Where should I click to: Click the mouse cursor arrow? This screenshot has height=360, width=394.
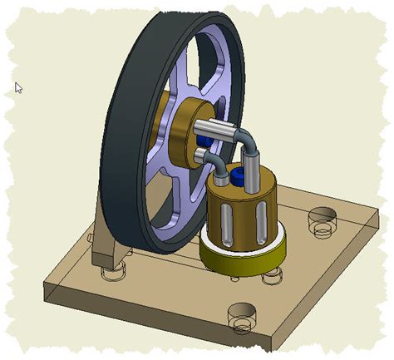pyautogui.click(x=18, y=87)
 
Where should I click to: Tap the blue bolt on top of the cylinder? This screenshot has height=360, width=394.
pyautogui.click(x=238, y=176)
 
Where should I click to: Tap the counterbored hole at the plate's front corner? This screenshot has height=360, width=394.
pyautogui.click(x=242, y=313)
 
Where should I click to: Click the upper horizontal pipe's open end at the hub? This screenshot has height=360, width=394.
pyautogui.click(x=202, y=127)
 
